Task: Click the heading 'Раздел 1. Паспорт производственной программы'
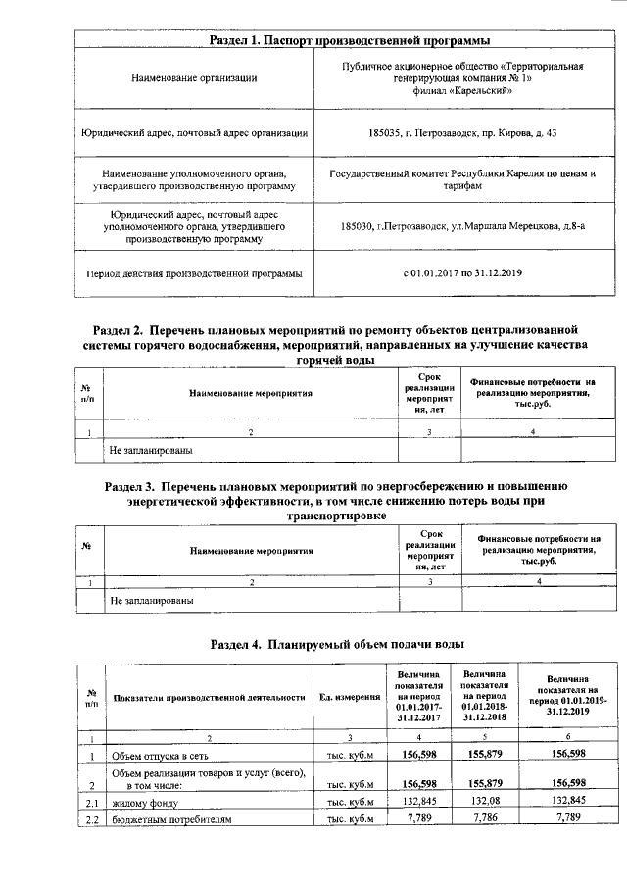click(350, 40)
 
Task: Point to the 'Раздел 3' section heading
click(334, 499)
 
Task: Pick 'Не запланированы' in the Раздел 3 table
click(150, 599)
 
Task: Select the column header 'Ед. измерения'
click(350, 697)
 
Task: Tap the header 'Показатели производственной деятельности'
click(209, 697)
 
